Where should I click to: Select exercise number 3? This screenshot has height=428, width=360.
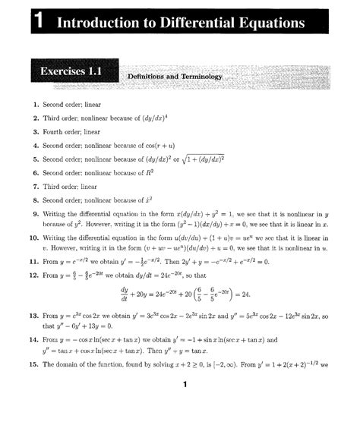pos(35,132)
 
